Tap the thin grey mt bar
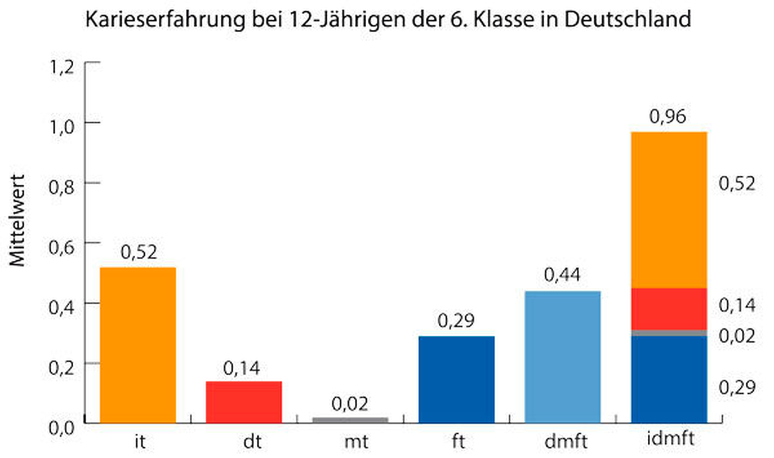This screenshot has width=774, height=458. click(350, 420)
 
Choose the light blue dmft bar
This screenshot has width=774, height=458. click(562, 357)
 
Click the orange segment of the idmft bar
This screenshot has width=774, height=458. click(669, 210)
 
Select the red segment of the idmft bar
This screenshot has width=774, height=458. click(669, 309)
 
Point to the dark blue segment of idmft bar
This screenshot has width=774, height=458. click(669, 379)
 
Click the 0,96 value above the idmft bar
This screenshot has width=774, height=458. click(667, 117)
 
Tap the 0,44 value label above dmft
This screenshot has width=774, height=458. click(562, 275)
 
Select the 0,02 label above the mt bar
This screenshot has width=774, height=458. click(350, 404)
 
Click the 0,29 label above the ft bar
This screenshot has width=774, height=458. click(456, 321)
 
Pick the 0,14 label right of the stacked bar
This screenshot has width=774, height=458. click(737, 305)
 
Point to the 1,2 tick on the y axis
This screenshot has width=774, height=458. click(62, 67)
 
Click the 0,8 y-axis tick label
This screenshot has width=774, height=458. click(62, 187)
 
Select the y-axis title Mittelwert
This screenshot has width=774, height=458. click(17, 220)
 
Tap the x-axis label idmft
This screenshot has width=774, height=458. click(671, 438)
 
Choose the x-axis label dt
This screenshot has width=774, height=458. click(252, 441)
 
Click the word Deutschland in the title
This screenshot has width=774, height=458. click(627, 19)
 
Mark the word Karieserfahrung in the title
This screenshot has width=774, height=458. click(165, 20)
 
